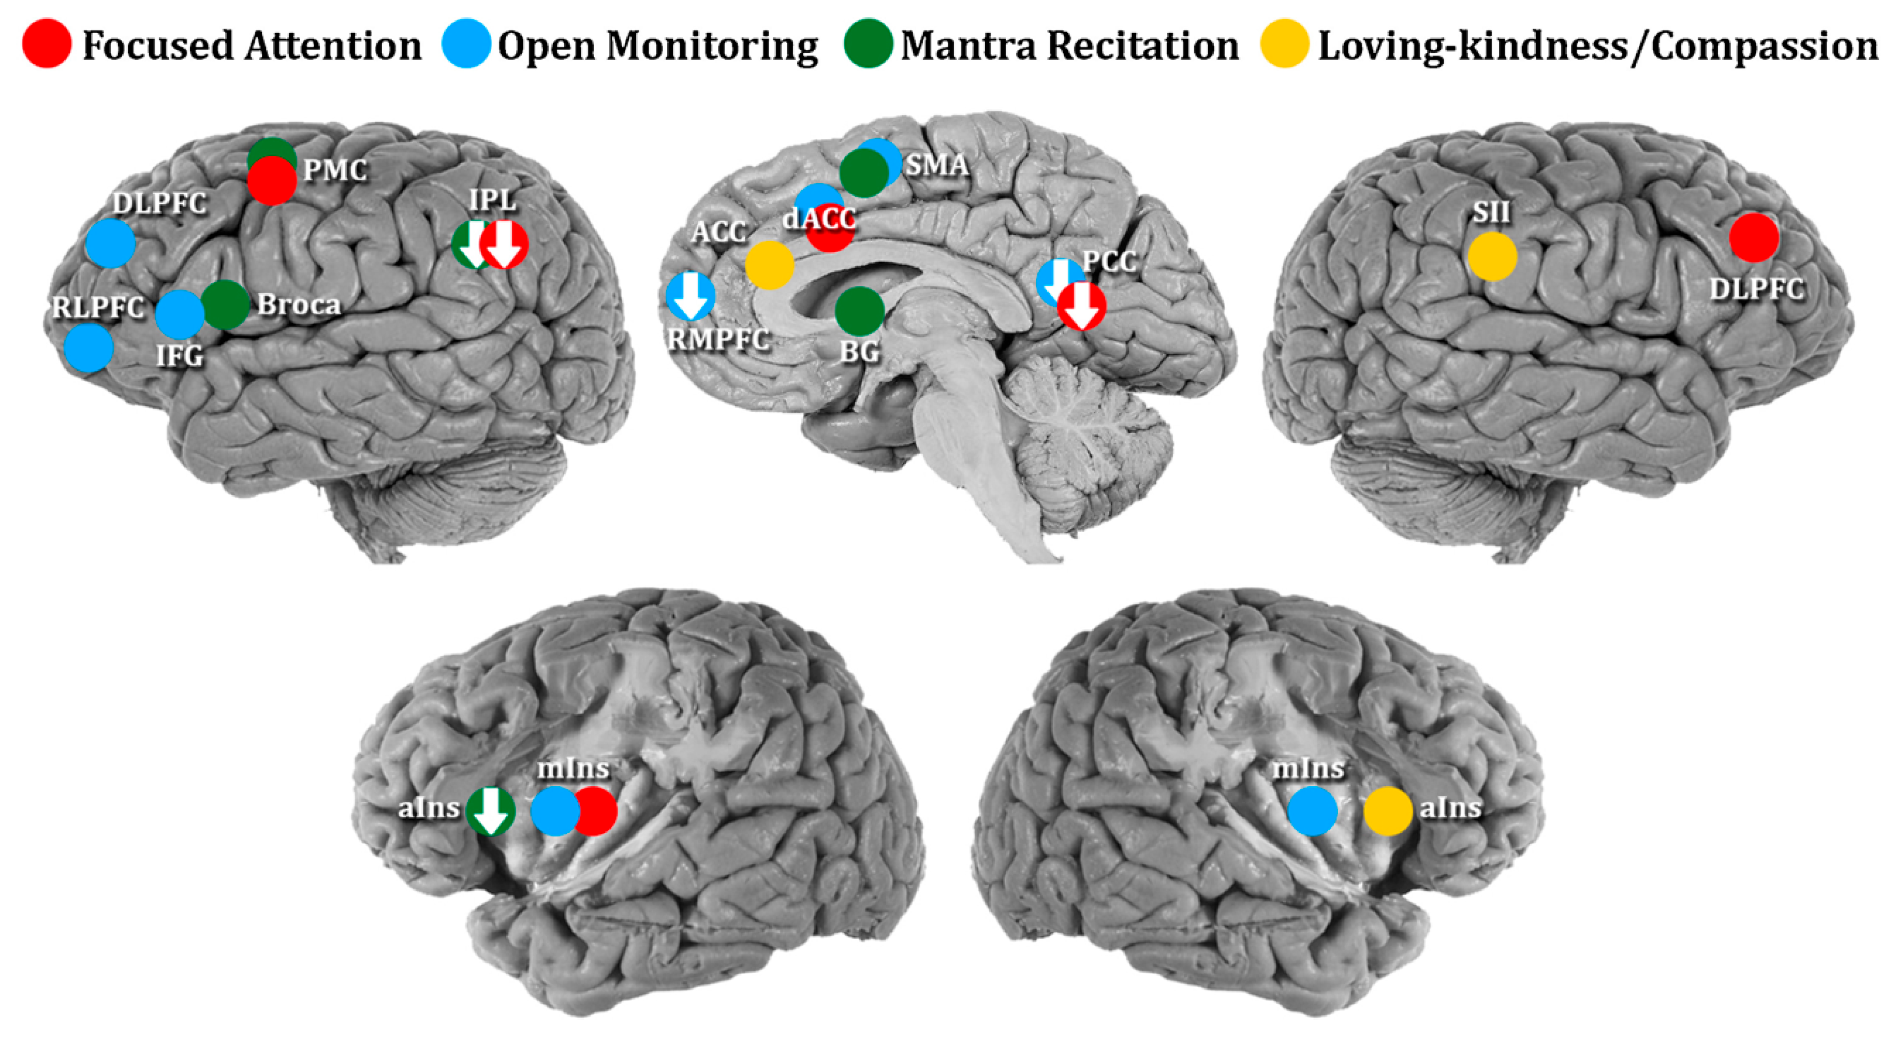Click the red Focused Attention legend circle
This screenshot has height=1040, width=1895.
[47, 44]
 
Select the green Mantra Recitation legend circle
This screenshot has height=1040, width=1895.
[868, 44]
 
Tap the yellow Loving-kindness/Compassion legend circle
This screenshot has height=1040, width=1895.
[1284, 44]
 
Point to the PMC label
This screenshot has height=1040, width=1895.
[335, 171]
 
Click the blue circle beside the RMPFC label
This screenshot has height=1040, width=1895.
[690, 296]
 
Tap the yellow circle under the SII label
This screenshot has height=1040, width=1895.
[1492, 256]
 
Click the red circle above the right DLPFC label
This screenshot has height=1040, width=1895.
[1754, 237]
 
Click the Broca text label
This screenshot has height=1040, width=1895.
[299, 305]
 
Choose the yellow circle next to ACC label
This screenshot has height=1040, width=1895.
[769, 264]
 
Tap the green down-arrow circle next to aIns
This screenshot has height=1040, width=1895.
[491, 811]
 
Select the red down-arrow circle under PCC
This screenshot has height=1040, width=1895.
[1081, 306]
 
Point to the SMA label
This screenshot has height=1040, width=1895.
[936, 165]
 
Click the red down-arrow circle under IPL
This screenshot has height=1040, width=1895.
[505, 244]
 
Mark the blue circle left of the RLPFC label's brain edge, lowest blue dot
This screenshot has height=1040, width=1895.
[89, 348]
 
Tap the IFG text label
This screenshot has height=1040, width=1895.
[180, 356]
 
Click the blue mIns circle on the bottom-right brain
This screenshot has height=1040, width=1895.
[1312, 811]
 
